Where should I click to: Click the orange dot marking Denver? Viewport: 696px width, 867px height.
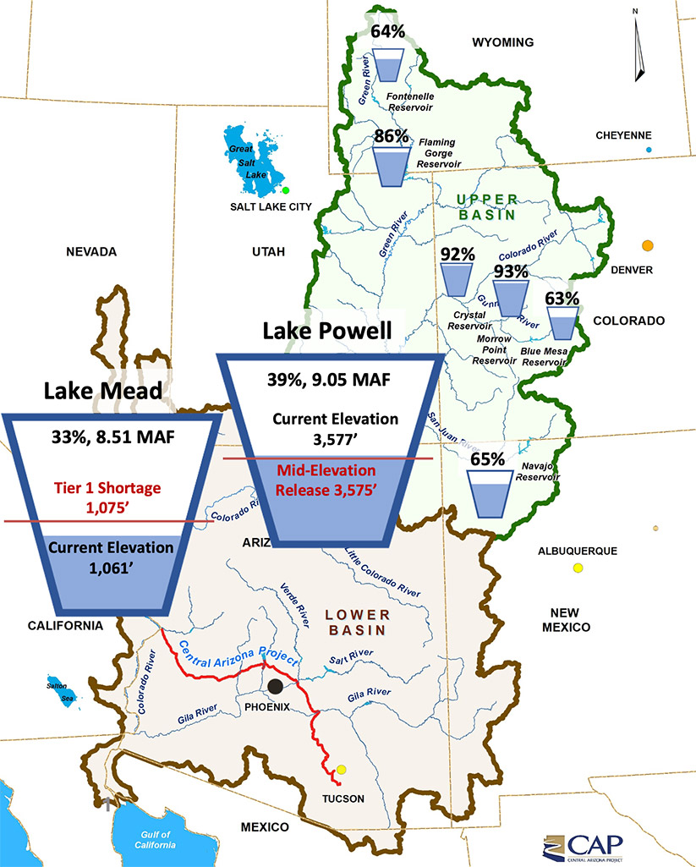point(647,245)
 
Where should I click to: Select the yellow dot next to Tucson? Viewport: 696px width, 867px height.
point(342,770)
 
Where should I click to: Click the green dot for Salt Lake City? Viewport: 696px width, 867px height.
point(286,190)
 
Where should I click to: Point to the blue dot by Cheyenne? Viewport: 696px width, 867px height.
point(649,150)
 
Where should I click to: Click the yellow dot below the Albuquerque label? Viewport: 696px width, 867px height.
point(578,568)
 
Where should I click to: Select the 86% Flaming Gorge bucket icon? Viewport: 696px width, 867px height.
point(390,164)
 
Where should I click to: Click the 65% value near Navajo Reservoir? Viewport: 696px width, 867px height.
point(488,459)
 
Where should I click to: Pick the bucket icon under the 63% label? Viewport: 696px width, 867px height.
point(562,321)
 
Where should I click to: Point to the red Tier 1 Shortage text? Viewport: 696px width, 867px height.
point(112,495)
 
